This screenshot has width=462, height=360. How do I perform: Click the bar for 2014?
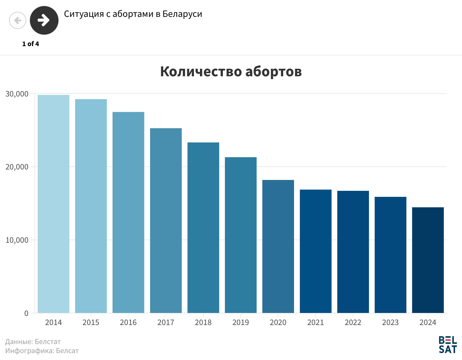pyautogui.click(x=53, y=204)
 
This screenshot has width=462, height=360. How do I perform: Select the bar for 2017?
pyautogui.click(x=166, y=220)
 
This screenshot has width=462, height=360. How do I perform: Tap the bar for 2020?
pyautogui.click(x=278, y=246)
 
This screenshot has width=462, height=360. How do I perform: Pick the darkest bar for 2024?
pyautogui.click(x=428, y=260)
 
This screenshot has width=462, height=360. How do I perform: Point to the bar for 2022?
pyautogui.click(x=353, y=252)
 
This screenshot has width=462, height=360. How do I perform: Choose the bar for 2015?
pyautogui.click(x=91, y=206)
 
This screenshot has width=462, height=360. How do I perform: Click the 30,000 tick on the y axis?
pyautogui.click(x=17, y=94)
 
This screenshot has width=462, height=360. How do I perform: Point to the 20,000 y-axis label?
pyautogui.click(x=17, y=167)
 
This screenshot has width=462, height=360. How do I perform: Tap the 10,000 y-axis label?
pyautogui.click(x=17, y=240)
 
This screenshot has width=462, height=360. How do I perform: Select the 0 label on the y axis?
pyautogui.click(x=26, y=314)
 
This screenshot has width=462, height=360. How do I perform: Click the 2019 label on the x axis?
pyautogui.click(x=241, y=323)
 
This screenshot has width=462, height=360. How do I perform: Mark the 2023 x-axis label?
pyautogui.click(x=390, y=323)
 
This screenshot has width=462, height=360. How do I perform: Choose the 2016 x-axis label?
pyautogui.click(x=128, y=323)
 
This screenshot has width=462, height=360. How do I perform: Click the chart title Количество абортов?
pyautogui.click(x=231, y=72)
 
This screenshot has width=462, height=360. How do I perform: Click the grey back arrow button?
pyautogui.click(x=18, y=21)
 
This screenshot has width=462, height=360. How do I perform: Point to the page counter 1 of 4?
pyautogui.click(x=30, y=44)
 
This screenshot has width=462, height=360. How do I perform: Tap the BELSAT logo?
pyautogui.click(x=448, y=345)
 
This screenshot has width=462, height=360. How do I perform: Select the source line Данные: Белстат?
pyautogui.click(x=33, y=342)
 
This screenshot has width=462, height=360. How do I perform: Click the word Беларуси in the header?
pyautogui.click(x=182, y=14)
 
